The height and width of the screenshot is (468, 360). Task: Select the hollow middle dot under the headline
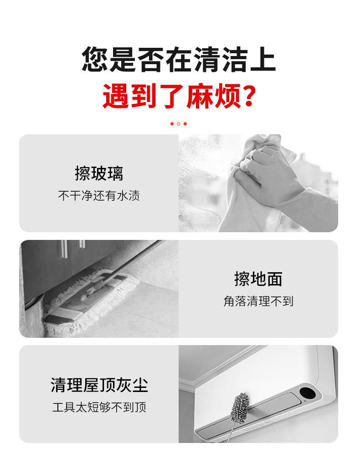point(179,124)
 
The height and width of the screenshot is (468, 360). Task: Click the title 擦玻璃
point(99,173)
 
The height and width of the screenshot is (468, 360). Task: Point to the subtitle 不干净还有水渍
point(99,196)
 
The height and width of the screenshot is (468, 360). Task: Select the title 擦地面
point(258,279)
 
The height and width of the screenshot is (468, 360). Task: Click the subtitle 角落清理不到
point(258,301)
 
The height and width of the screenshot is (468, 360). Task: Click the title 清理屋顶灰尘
point(99,385)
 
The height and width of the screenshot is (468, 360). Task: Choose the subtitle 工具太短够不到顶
point(99,407)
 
